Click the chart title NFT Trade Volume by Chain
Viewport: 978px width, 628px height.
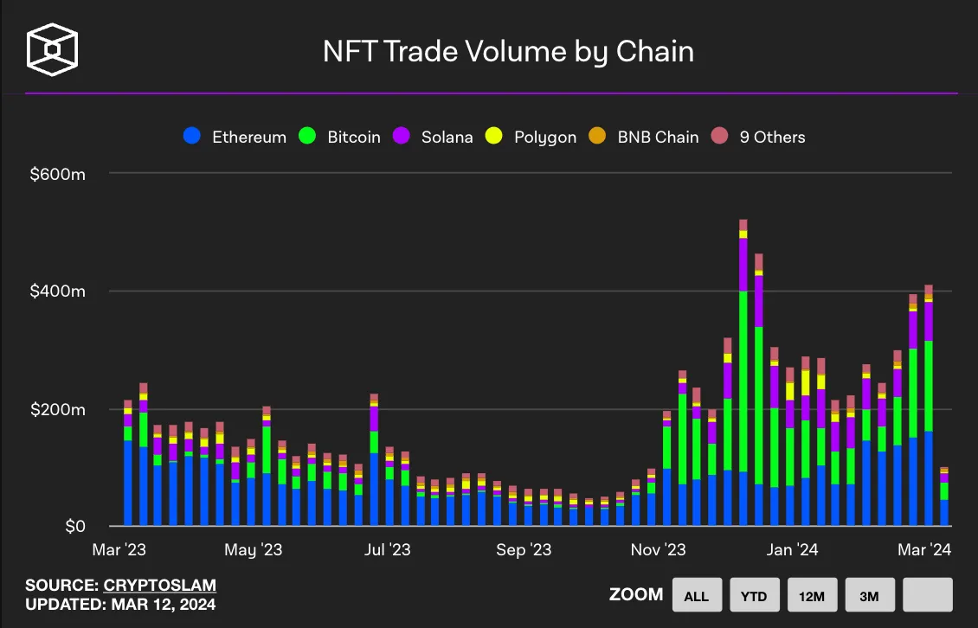pos(508,52)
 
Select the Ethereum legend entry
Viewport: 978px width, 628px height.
pos(235,137)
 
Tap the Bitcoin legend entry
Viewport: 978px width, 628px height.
pos(340,137)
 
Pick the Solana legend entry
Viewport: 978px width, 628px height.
pos(434,137)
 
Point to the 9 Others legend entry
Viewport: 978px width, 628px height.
pos(758,137)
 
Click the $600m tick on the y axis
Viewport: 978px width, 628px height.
pos(57,174)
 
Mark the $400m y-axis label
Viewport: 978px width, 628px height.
pos(57,292)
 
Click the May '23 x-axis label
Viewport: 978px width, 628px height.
pos(253,550)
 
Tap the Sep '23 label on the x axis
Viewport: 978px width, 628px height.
pos(523,550)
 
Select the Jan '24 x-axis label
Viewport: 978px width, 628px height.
pos(792,550)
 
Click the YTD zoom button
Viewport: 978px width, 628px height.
pos(754,595)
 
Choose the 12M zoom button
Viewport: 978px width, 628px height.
pos(811,595)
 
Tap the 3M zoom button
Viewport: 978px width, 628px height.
pos(869,595)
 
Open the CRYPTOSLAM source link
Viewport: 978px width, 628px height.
pos(160,586)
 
